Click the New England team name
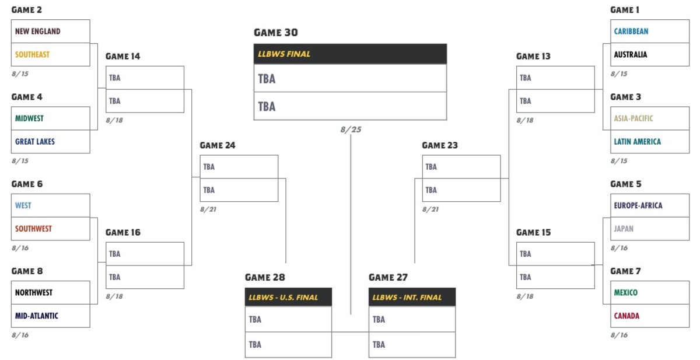click(x=38, y=32)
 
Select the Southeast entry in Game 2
click(x=33, y=54)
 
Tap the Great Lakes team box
click(x=51, y=142)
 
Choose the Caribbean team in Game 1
click(x=631, y=32)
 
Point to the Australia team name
click(x=631, y=54)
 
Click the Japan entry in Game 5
click(x=624, y=229)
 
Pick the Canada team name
click(x=626, y=316)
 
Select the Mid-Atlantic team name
click(x=37, y=316)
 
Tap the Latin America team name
click(x=637, y=142)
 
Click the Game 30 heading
click(x=275, y=33)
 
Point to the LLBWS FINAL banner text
click(x=283, y=54)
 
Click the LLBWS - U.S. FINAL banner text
click(x=283, y=297)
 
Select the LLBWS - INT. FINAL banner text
click(x=407, y=297)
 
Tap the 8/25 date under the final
click(x=351, y=130)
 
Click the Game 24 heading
click(x=218, y=145)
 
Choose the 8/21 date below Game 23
click(x=430, y=209)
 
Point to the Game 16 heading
click(x=123, y=232)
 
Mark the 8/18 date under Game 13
click(x=525, y=120)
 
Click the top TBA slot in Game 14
click(x=145, y=78)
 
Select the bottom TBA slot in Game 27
click(x=412, y=345)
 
